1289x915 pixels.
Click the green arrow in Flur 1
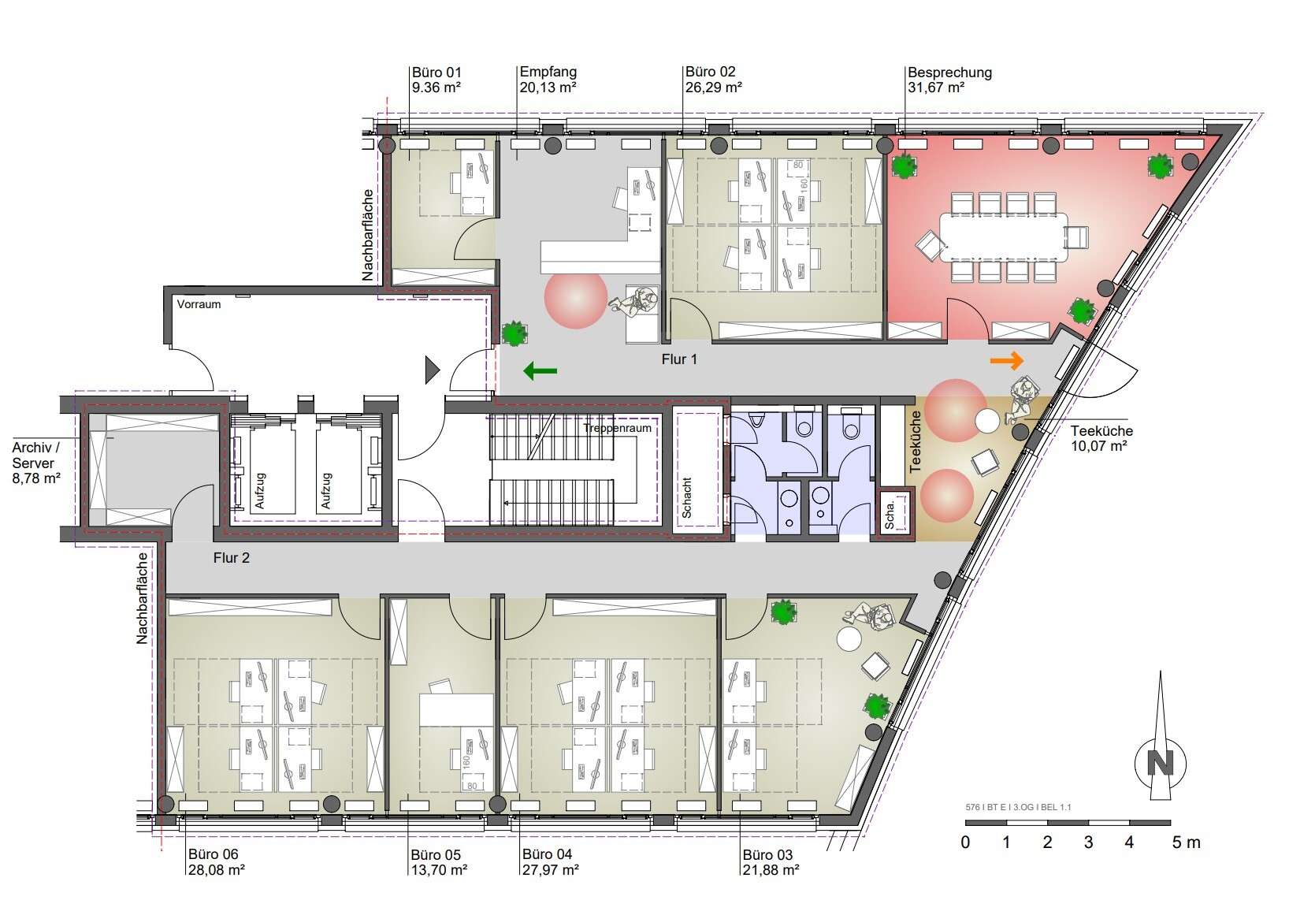click(540, 370)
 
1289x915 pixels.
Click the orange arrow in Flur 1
click(1007, 361)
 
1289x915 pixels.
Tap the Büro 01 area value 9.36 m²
click(436, 87)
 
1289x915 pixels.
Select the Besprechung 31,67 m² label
click(949, 80)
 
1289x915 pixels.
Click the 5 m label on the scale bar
click(1186, 842)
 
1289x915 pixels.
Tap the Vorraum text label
click(199, 304)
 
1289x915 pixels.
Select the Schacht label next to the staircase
click(686, 497)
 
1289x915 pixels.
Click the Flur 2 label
click(232, 558)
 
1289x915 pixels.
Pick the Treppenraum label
click(617, 428)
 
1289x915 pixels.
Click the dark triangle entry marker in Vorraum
click(432, 370)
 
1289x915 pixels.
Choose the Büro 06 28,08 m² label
click(217, 862)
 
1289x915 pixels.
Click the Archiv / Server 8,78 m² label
click(35, 463)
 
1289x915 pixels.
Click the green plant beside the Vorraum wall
click(514, 333)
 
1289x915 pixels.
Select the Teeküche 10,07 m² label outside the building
click(1101, 438)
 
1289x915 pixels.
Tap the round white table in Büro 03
click(849, 639)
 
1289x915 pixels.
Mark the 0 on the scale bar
click(965, 842)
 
